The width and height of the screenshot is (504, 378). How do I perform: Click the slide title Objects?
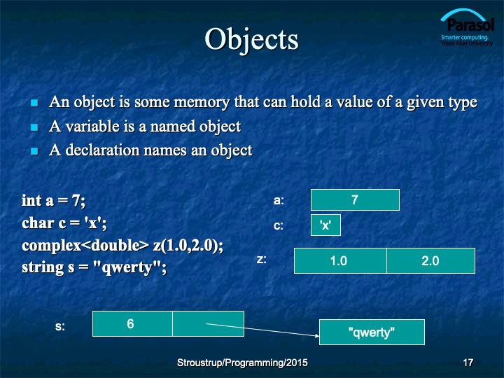(x=252, y=39)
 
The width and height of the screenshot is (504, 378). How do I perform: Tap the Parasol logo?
(x=467, y=27)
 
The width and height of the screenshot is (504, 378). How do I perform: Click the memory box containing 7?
(x=355, y=200)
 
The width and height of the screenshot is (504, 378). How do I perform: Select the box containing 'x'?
(x=325, y=225)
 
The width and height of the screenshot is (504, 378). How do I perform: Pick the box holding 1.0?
(x=340, y=260)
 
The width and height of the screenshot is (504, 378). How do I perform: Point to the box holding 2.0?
(x=430, y=260)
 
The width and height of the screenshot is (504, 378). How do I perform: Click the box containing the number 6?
(x=132, y=323)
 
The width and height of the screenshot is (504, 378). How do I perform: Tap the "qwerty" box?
(x=372, y=332)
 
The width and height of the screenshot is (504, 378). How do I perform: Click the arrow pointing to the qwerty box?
(x=262, y=330)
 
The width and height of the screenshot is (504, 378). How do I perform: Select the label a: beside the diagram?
(x=279, y=201)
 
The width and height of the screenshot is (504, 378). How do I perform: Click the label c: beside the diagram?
(x=279, y=225)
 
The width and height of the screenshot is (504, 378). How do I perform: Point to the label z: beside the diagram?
(x=261, y=259)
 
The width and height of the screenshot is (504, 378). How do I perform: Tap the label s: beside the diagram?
(x=59, y=326)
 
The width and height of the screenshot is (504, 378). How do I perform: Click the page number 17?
(x=468, y=363)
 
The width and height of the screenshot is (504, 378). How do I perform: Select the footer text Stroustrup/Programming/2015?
(x=242, y=363)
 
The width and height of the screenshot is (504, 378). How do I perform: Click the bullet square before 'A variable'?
(x=34, y=127)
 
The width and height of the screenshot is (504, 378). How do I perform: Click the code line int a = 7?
(x=53, y=201)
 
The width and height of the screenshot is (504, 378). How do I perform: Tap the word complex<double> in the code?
(x=85, y=246)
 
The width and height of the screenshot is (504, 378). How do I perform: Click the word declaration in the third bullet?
(x=102, y=150)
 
